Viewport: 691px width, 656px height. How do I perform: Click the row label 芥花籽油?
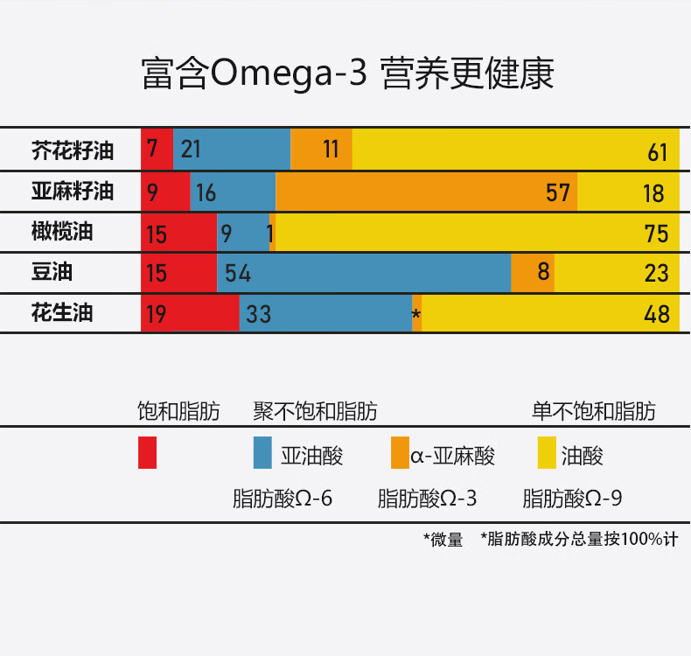point(73,150)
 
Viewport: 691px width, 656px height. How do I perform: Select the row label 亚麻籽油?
point(73,191)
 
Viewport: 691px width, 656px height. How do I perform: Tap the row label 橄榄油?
point(62,232)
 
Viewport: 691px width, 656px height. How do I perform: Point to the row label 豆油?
point(52,272)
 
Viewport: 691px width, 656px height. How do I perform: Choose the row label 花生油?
point(62,312)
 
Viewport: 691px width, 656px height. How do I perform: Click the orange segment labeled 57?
point(426,192)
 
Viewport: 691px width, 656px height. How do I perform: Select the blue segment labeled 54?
point(364,273)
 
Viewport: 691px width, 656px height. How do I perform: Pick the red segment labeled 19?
point(190,313)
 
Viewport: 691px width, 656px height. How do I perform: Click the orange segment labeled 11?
point(321,149)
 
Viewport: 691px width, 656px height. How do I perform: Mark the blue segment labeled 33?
point(325,313)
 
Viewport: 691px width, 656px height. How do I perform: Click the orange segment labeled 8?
point(533,273)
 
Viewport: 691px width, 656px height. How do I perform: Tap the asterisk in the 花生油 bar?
point(416,315)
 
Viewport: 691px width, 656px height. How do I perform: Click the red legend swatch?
point(147,453)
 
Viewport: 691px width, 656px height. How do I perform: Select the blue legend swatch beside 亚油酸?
point(263,453)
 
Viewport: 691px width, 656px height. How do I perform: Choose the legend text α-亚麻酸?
point(453,456)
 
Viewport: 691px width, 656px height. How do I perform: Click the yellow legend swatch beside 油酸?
point(547,453)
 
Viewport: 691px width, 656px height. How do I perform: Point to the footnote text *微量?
point(443,540)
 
